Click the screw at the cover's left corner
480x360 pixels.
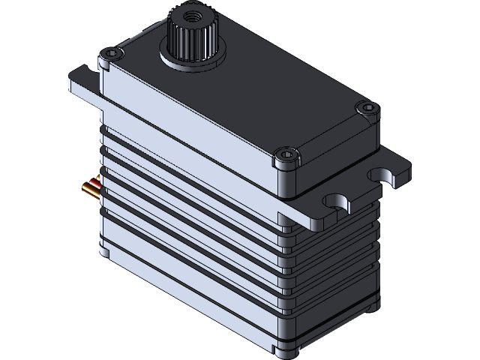tap(113, 54)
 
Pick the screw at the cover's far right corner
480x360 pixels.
tap(366, 109)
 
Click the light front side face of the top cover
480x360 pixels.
tap(187, 127)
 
